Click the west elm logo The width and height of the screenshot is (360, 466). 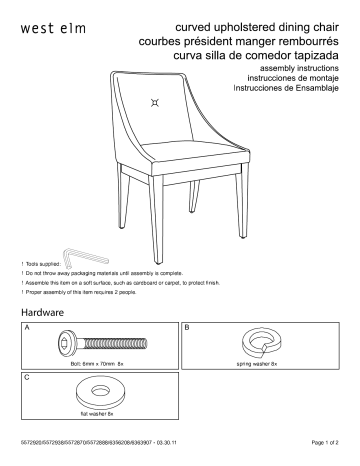click(47, 26)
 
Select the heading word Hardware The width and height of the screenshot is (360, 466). click(42, 313)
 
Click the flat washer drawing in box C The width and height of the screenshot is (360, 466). click(97, 393)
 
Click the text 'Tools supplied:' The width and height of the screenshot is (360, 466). click(41, 263)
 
